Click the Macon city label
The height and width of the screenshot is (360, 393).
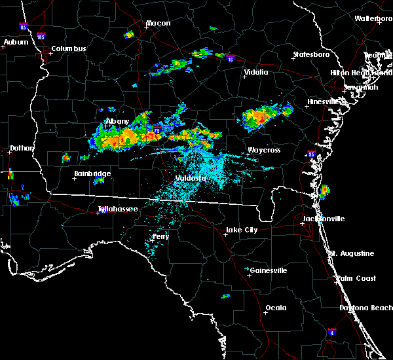(158, 24)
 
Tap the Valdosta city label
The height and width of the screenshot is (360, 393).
(191, 178)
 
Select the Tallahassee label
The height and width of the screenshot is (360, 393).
(118, 209)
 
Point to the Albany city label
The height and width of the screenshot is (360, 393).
(118, 122)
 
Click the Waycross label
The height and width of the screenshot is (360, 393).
(264, 151)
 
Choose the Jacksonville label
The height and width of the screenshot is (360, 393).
(324, 219)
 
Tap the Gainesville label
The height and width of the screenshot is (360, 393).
(269, 270)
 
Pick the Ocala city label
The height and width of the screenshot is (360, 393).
(276, 308)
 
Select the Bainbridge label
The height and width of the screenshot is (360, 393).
(92, 173)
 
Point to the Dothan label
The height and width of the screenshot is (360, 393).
(22, 148)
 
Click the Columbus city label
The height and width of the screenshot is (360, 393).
(69, 48)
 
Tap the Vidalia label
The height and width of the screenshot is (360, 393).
(256, 73)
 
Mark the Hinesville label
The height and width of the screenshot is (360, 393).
(324, 102)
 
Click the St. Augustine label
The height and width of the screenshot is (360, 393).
(352, 253)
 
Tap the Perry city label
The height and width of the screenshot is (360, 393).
(160, 236)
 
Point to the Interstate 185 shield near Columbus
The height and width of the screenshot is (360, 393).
(41, 37)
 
